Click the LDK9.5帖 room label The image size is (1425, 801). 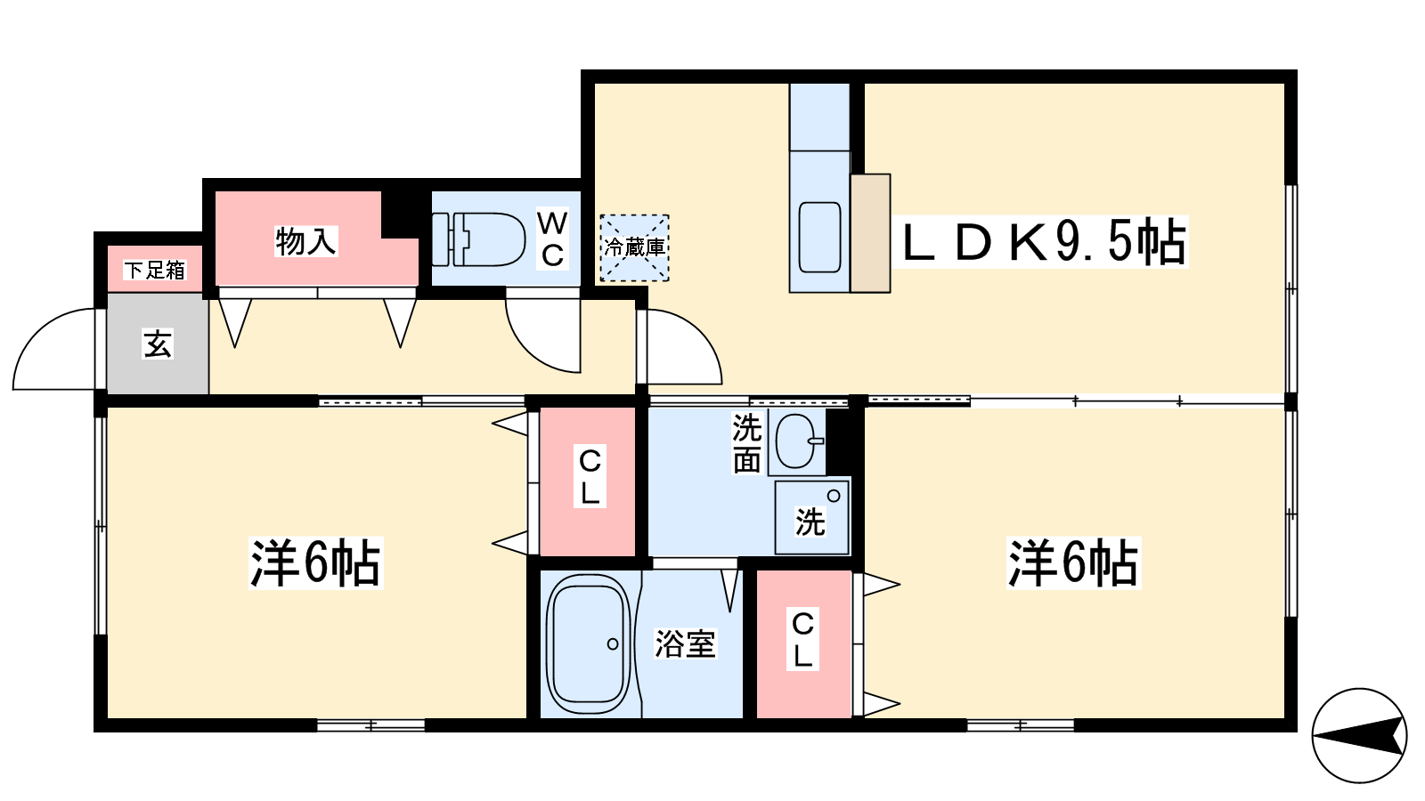click(1045, 242)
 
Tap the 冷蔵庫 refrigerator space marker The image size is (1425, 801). click(634, 248)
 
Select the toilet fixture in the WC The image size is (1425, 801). click(478, 239)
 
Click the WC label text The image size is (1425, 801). click(552, 239)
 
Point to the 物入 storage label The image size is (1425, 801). click(306, 241)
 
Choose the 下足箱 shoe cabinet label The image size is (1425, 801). click(155, 271)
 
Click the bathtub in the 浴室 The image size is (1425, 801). click(589, 643)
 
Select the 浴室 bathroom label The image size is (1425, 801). click(685, 643)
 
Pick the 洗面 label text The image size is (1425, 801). click(747, 444)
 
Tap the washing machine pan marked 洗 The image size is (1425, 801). click(811, 517)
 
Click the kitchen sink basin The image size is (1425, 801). click(820, 237)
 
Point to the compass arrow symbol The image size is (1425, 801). click(1359, 736)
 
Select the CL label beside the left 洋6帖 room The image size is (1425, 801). click(590, 477)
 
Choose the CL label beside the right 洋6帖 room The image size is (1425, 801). click(802, 640)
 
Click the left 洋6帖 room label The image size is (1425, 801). click(315, 563)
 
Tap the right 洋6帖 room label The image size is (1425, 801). click(1073, 563)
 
